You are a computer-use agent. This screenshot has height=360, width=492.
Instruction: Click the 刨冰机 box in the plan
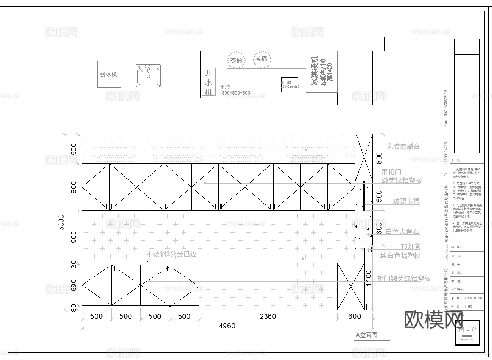[x=109, y=75]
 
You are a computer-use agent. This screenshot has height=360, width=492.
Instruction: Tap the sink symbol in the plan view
[x=148, y=75]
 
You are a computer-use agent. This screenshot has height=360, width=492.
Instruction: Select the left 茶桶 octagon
[x=236, y=60]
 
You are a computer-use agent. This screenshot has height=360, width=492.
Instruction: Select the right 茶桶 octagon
[x=261, y=59]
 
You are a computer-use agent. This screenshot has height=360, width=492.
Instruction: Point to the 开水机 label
[x=208, y=81]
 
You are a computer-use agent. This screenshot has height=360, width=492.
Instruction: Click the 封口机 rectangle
[x=290, y=85]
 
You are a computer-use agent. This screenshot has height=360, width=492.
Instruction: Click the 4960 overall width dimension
[x=227, y=326]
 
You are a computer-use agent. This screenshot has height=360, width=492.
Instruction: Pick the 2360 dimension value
[x=268, y=316]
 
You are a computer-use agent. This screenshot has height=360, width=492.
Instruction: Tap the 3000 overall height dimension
[x=61, y=222]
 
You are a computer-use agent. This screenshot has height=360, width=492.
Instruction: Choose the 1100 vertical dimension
[x=369, y=279]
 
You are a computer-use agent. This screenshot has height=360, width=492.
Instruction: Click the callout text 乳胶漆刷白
[x=403, y=147]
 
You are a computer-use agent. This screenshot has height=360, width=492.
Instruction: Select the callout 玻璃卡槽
[x=406, y=201]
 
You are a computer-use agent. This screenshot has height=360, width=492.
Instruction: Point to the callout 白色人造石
[x=403, y=231]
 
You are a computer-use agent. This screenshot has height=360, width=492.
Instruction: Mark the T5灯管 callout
[x=411, y=246]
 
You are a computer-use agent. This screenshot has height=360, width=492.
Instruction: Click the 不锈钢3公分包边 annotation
[x=172, y=254]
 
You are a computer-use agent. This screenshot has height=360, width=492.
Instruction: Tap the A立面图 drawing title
[x=366, y=335]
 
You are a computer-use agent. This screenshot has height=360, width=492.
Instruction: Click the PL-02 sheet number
[x=467, y=329]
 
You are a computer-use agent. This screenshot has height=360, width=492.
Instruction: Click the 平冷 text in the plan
[x=225, y=87]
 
